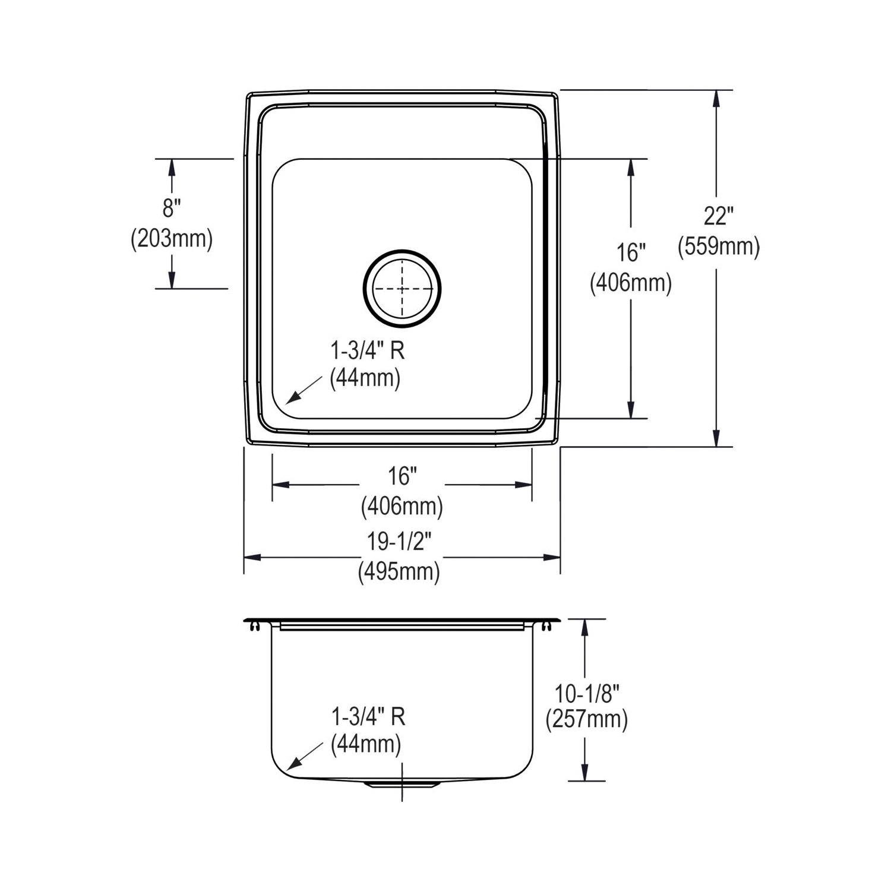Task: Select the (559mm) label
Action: (719, 246)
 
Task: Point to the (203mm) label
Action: (172, 239)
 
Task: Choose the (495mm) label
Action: (399, 571)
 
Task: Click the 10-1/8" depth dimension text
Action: (587, 693)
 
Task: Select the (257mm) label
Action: (587, 719)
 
